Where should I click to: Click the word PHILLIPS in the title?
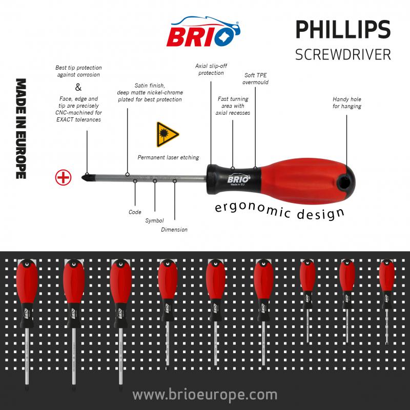tap(342, 31)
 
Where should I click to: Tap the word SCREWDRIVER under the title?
tap(342, 54)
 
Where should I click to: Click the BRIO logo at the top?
tap(204, 32)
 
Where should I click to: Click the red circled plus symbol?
tap(63, 177)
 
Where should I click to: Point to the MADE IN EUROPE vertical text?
tap(21, 128)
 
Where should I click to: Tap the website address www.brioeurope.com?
tap(204, 395)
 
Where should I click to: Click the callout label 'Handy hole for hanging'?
tap(347, 102)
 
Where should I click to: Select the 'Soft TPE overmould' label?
tap(256, 78)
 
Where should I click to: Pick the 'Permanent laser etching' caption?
tap(168, 157)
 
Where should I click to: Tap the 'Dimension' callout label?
tap(174, 230)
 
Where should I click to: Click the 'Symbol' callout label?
tap(154, 220)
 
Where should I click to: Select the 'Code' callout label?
tap(135, 212)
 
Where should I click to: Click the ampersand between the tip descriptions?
tap(78, 87)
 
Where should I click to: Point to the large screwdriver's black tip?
tap(85, 178)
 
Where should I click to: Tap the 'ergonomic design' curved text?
tap(279, 210)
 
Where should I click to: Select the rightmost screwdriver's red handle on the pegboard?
tap(386, 277)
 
